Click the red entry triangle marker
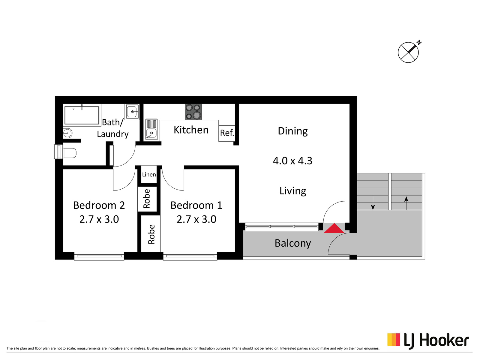334,228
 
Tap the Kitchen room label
191,130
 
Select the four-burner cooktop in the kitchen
193,112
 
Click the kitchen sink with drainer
151,129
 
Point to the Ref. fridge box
227,133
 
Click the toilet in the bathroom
69,153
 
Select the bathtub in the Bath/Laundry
82,115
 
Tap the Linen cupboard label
149,174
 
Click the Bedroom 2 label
99,205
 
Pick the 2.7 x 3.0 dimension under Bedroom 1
196,219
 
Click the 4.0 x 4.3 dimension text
292,161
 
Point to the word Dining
292,131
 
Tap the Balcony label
292,244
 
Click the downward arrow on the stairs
373,203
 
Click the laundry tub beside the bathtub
132,112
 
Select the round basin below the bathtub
67,133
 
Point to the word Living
292,191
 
